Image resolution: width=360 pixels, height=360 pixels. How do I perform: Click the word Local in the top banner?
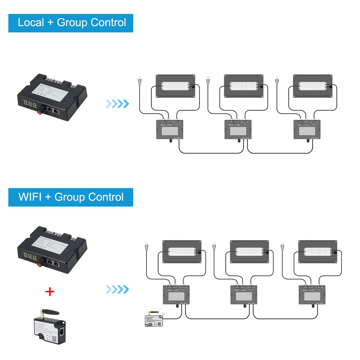[31, 23]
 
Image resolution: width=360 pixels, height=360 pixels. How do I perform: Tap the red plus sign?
[50, 291]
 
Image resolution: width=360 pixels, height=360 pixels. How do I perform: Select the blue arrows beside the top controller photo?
[117, 104]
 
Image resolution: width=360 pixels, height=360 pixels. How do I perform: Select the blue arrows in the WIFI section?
[117, 289]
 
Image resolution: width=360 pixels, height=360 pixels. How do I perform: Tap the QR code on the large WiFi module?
[54, 339]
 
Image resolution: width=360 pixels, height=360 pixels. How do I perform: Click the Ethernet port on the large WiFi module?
[62, 331]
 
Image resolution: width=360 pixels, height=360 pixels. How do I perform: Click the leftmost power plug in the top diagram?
[139, 82]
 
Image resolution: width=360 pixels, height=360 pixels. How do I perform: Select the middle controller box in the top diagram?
[238, 130]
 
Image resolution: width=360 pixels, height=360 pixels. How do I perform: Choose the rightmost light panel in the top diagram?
[313, 86]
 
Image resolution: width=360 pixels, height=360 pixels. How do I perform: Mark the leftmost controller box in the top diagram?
[169, 130]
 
